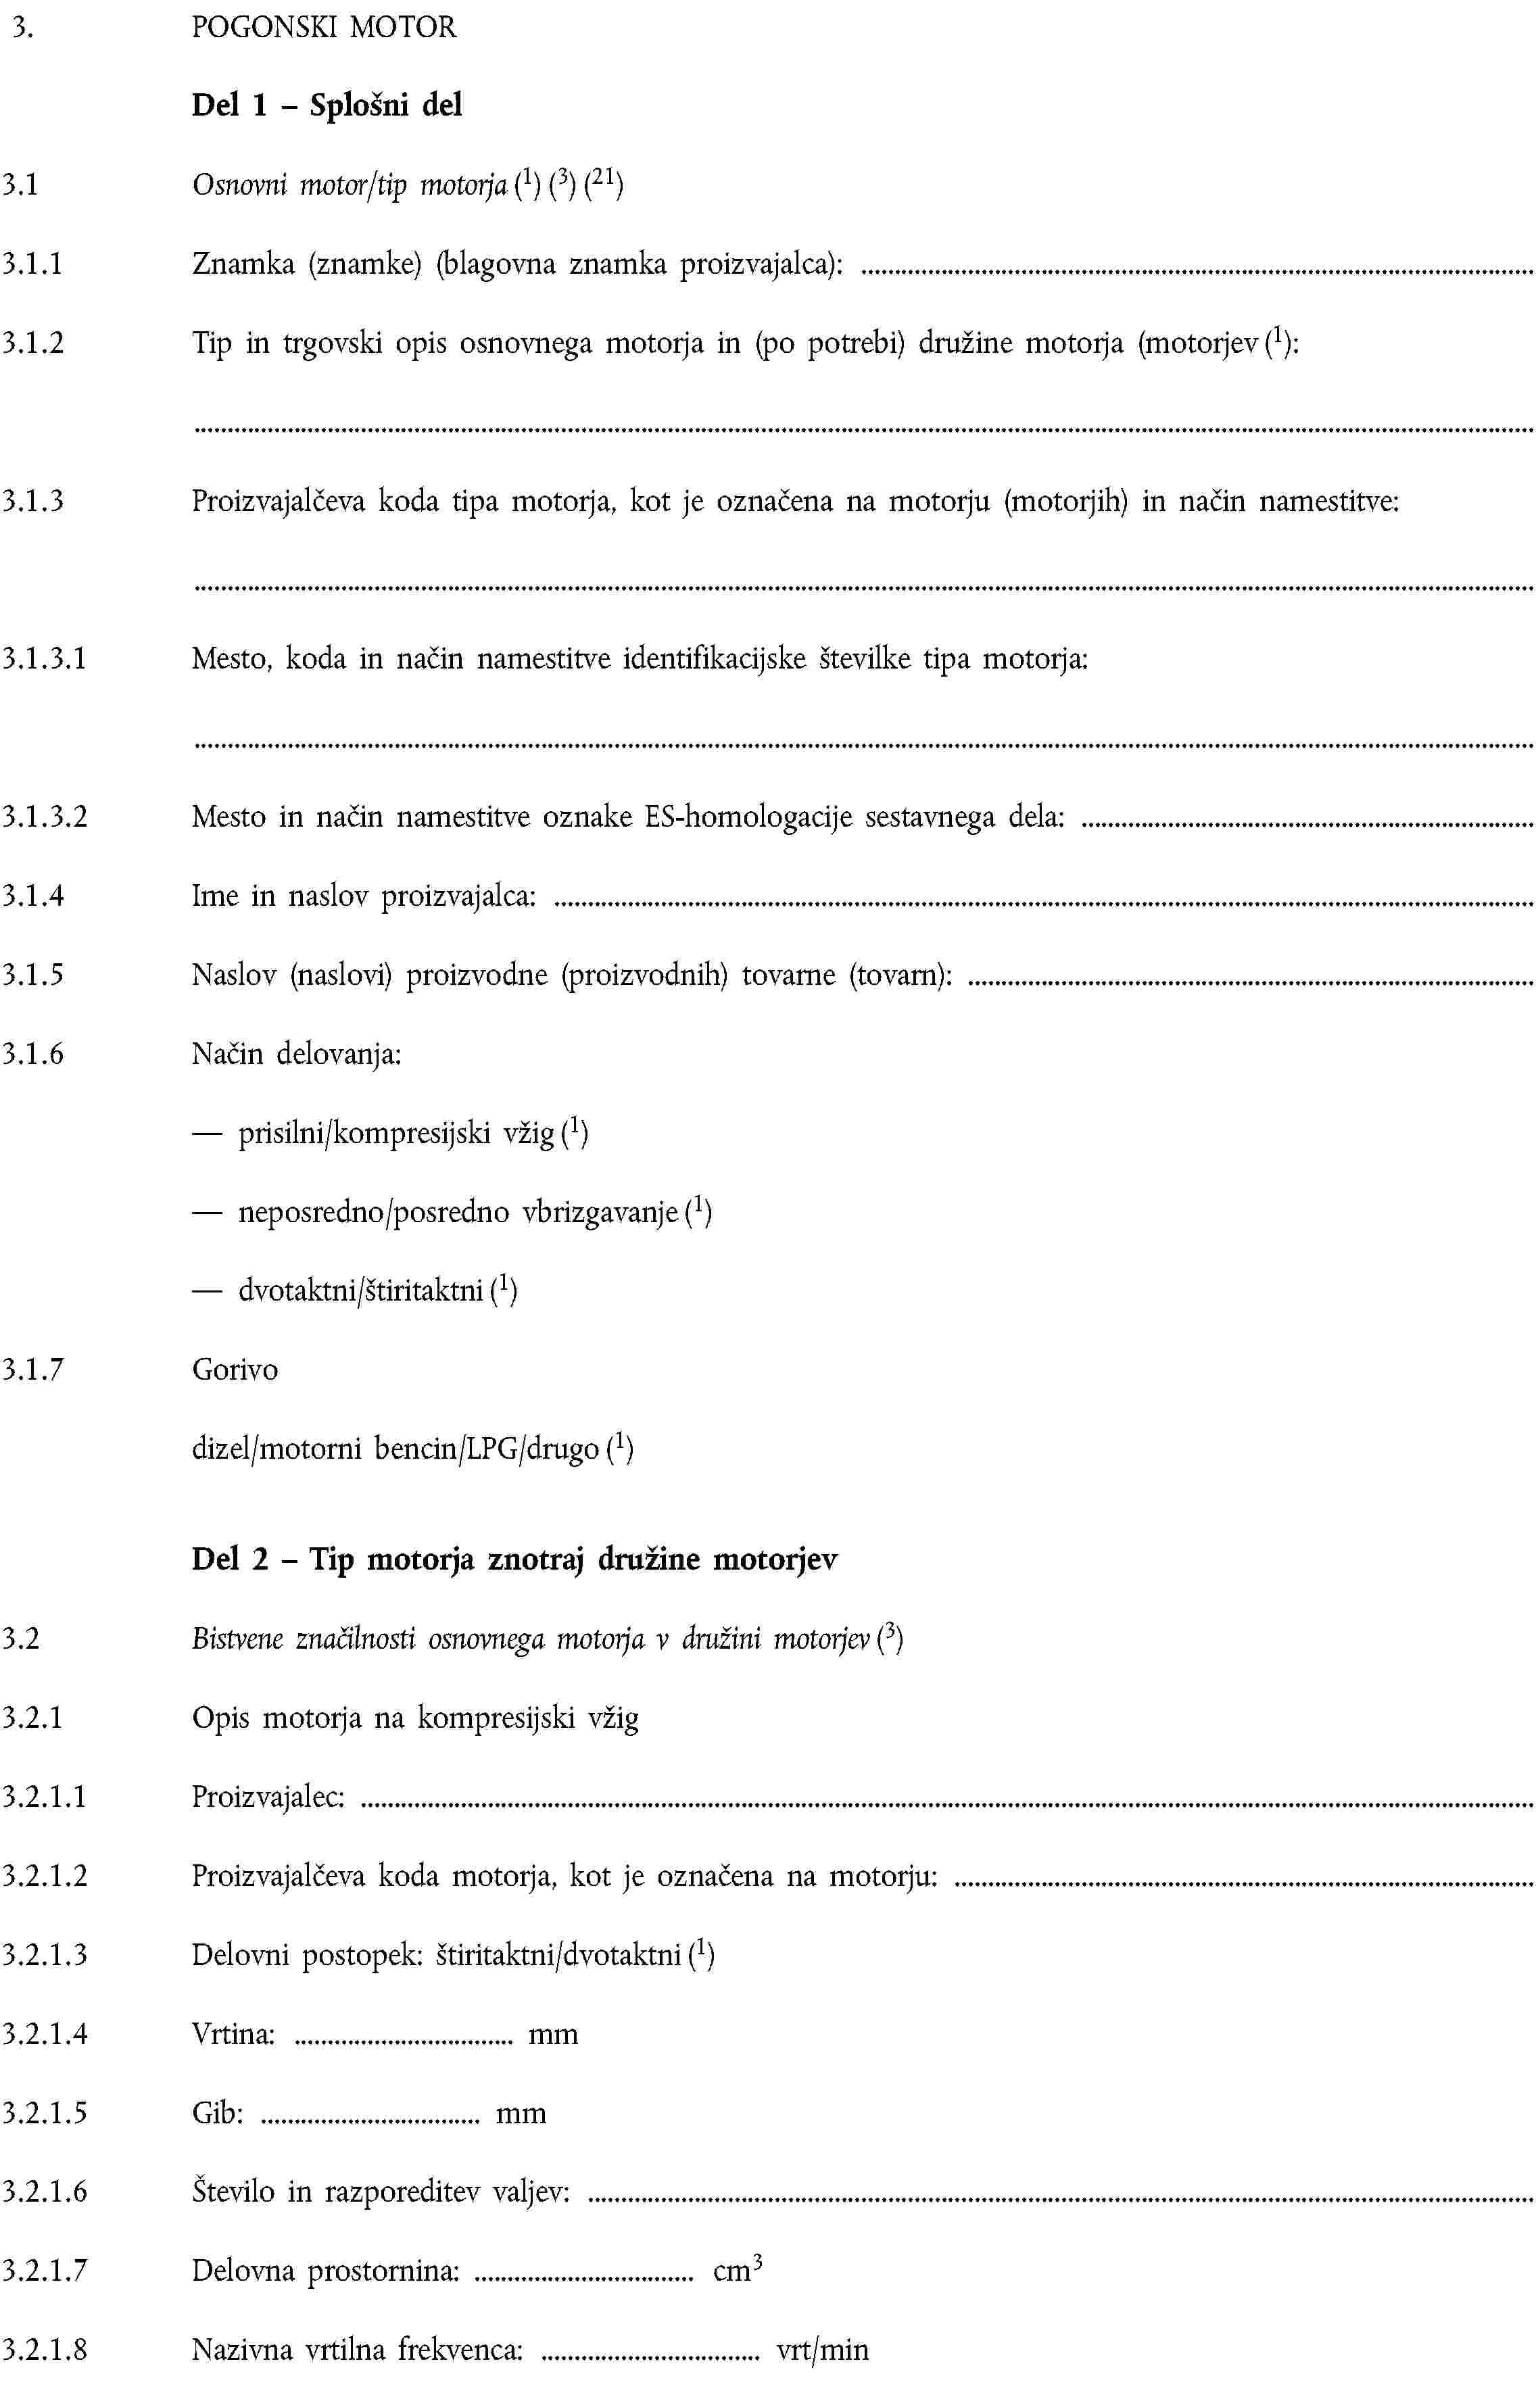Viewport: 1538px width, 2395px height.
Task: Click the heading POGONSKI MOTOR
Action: pos(324,27)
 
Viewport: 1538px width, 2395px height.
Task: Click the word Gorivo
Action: pos(235,1369)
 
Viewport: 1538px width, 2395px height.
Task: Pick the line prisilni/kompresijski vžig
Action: pos(395,1133)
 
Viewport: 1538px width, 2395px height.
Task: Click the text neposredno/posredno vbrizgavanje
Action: pos(458,1212)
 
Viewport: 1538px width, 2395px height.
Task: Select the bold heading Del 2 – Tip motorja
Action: pos(514,1559)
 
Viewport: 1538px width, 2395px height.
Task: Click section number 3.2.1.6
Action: pos(44,2192)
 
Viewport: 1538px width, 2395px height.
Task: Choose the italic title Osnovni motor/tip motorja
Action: pos(350,186)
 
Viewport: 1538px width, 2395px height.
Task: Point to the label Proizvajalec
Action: pos(268,1797)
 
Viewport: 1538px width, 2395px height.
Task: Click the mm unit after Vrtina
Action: pos(553,2033)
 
